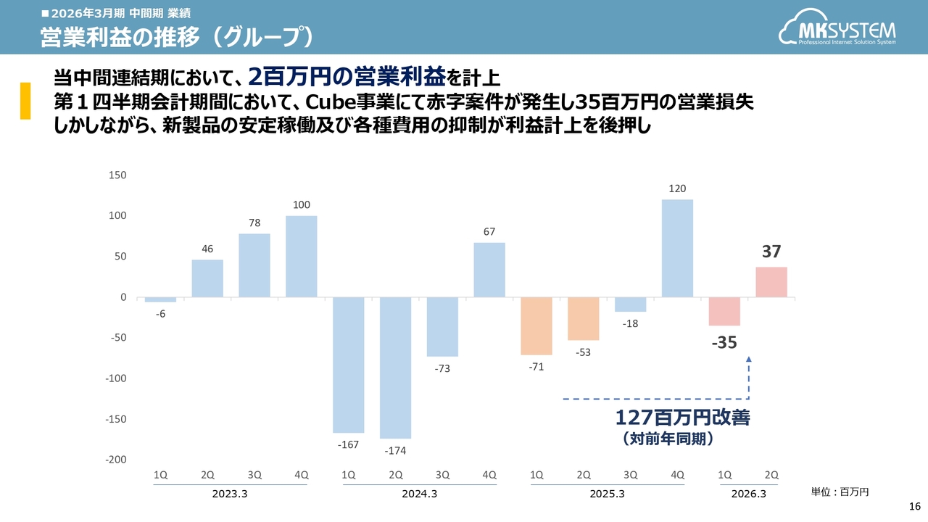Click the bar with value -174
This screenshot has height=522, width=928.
click(395, 368)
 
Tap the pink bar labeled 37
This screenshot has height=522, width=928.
click(771, 282)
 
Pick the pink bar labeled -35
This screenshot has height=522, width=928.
click(724, 311)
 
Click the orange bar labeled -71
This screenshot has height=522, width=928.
click(536, 326)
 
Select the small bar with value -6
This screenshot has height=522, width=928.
click(160, 299)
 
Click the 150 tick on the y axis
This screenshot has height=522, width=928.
click(117, 175)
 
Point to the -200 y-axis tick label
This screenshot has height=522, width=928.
click(116, 460)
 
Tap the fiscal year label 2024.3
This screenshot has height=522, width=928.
click(419, 494)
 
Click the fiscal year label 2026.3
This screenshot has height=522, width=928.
click(748, 494)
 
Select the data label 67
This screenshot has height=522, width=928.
click(489, 232)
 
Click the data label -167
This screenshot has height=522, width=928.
click(349, 444)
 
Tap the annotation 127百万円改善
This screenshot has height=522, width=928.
click(682, 418)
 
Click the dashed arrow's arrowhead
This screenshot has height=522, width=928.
click(748, 359)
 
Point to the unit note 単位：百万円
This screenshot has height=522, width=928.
click(840, 492)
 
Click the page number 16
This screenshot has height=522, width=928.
click(914, 505)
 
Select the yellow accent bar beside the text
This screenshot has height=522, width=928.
click(25, 101)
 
